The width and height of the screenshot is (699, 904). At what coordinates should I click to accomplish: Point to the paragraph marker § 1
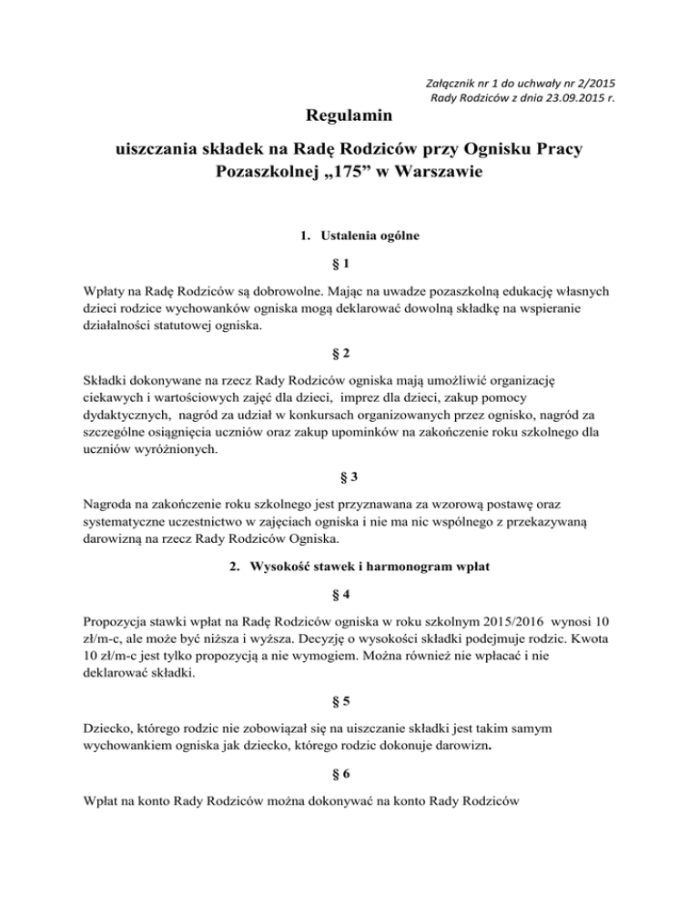click(349, 264)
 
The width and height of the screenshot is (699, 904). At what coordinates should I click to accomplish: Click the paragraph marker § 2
click(349, 352)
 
